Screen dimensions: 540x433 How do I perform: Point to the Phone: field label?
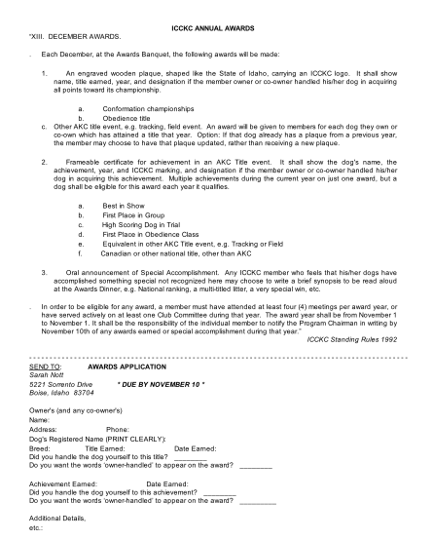click(x=118, y=429)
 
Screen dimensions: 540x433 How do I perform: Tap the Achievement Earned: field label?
click(x=63, y=482)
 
